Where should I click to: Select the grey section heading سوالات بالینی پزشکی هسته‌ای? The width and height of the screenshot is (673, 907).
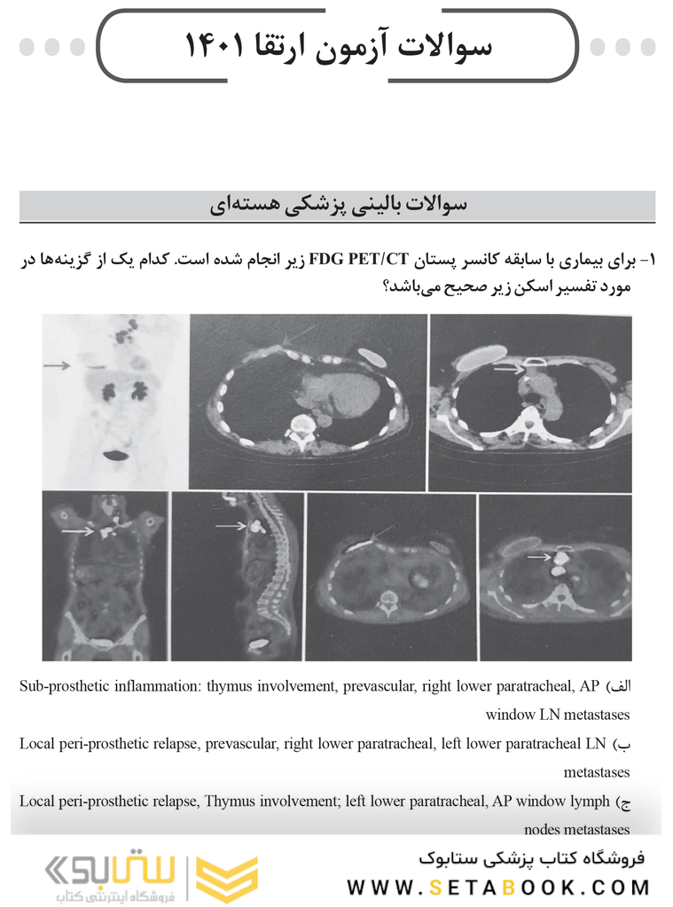pyautogui.click(x=337, y=206)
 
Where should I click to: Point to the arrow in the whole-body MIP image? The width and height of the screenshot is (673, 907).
pyautogui.click(x=57, y=364)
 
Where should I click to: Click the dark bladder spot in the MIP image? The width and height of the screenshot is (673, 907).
pyautogui.click(x=115, y=455)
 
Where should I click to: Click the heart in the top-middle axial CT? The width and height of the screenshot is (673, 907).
pyautogui.click(x=340, y=390)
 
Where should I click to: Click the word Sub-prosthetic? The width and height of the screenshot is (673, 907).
pyautogui.click(x=59, y=686)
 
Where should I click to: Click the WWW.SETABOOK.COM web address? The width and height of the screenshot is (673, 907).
pyautogui.click(x=498, y=887)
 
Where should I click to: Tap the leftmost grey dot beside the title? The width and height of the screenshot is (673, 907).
pyautogui.click(x=27, y=46)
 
